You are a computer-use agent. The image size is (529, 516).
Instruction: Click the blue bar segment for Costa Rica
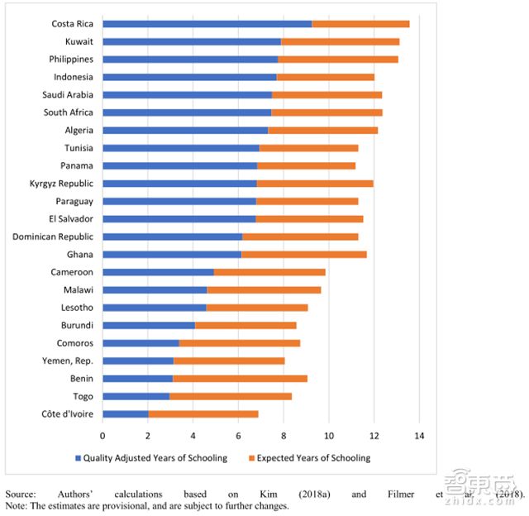[x=207, y=24]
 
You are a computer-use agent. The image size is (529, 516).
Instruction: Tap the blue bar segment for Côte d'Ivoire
[x=126, y=413]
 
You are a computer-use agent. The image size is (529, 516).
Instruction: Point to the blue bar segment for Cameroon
[x=158, y=272]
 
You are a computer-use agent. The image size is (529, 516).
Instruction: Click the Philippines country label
[x=69, y=60]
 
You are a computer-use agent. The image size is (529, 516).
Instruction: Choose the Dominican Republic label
[x=53, y=236]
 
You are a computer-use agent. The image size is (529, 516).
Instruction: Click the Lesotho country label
[x=77, y=308]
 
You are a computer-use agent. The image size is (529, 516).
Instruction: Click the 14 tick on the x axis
[x=419, y=434]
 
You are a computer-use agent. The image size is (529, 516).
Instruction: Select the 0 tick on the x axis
[x=103, y=434]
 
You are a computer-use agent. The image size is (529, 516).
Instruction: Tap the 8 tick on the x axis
[x=284, y=434]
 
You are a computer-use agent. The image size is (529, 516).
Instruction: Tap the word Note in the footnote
[x=15, y=505]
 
